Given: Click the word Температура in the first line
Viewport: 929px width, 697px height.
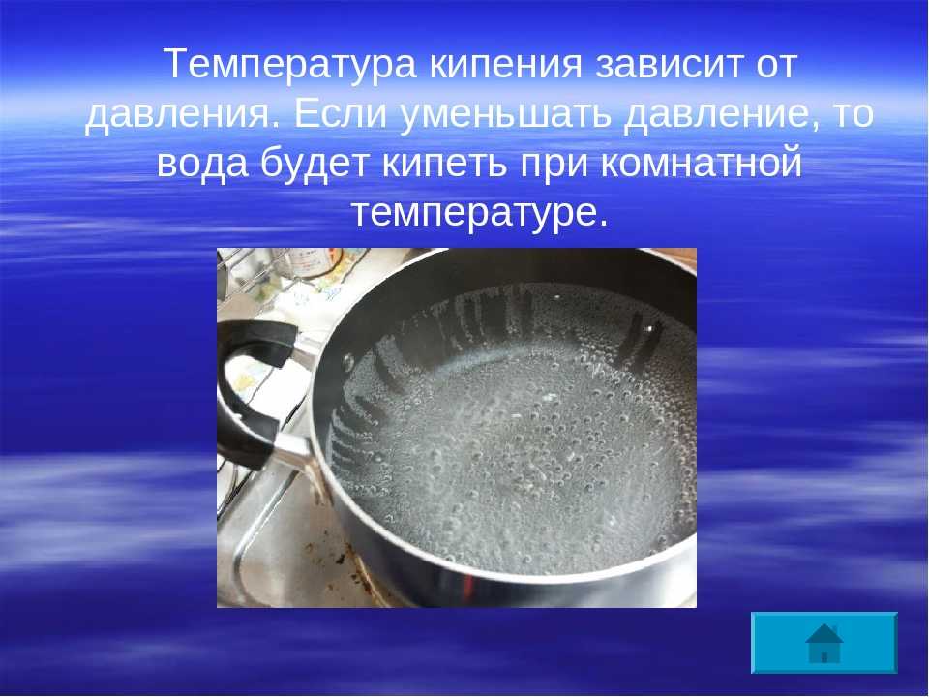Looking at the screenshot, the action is tap(289, 64).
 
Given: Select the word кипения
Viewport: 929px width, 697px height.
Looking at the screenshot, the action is tap(505, 64).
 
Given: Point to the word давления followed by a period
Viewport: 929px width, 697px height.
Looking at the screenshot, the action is tap(182, 114).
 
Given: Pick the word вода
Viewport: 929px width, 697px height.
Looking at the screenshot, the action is tap(202, 163).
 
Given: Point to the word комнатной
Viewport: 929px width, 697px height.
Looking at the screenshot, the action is tap(701, 163).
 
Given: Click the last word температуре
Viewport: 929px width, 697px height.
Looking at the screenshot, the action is tap(480, 213).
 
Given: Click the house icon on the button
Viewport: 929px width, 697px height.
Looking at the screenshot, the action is tap(824, 643).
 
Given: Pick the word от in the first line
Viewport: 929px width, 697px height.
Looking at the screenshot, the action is tap(776, 65).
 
